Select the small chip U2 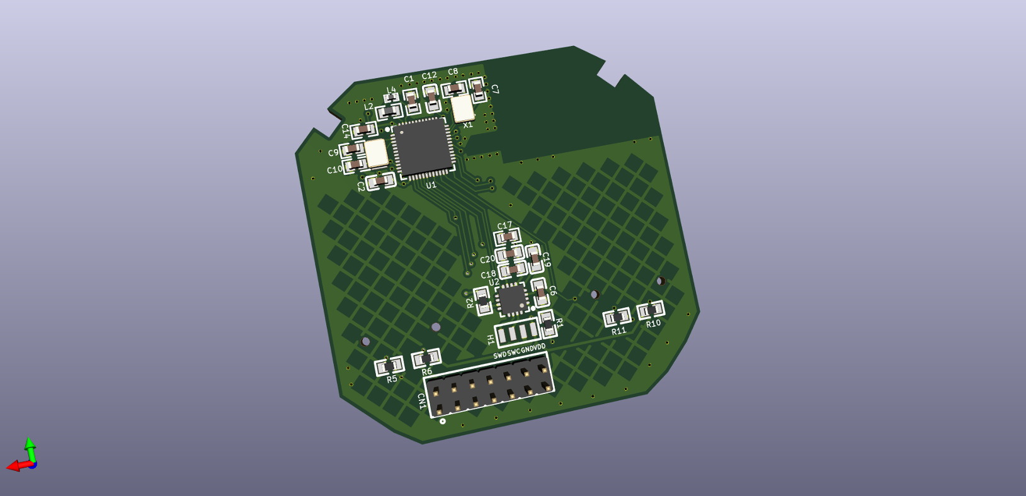(x=511, y=299)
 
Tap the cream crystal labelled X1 (x=463, y=108)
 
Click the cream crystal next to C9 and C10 (x=376, y=152)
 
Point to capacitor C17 (x=507, y=237)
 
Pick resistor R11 (x=617, y=317)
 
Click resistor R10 (x=651, y=310)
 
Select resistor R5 (x=389, y=366)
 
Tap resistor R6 (x=426, y=359)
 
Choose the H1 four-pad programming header (x=517, y=332)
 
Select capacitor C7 (x=478, y=89)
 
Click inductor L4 (x=392, y=98)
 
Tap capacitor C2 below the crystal (x=380, y=181)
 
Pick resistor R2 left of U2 (x=482, y=301)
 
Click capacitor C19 (x=534, y=258)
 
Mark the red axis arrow (x=14, y=466)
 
